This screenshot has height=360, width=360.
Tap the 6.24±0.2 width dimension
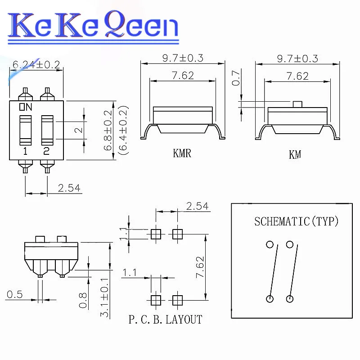tap(36, 64)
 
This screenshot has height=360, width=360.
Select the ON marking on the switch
tap(26, 107)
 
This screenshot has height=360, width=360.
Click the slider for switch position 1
tap(26, 130)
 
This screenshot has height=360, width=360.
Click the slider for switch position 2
tap(47, 130)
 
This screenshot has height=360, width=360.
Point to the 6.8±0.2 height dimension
tap(108, 130)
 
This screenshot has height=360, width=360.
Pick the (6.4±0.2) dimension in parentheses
tap(123, 130)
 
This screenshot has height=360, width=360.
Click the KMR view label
tap(182, 153)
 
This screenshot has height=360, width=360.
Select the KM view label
tap(295, 154)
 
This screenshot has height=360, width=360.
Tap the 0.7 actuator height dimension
tap(236, 78)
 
